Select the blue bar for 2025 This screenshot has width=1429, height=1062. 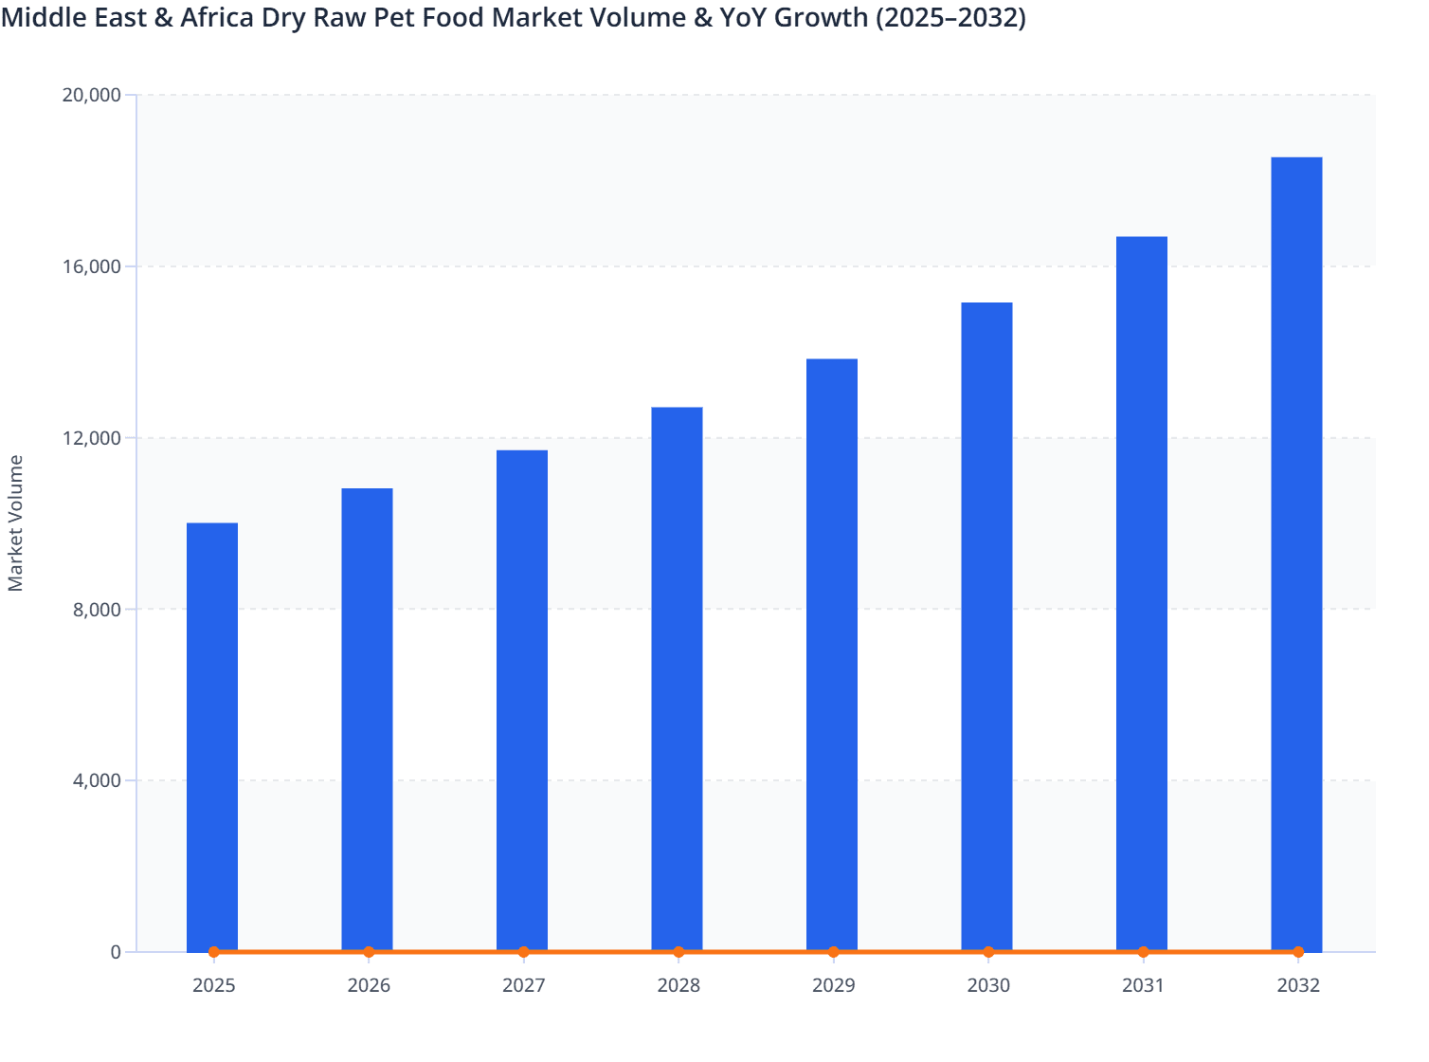point(212,737)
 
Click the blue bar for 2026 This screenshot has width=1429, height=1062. point(367,720)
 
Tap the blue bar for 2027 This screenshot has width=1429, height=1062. point(522,701)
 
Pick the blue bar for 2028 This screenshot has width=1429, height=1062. point(677,679)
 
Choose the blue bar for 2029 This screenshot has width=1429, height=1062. point(832,655)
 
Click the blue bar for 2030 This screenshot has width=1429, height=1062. point(986,627)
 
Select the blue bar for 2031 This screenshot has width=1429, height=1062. point(1142,594)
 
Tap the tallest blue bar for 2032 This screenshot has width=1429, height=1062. point(1296,554)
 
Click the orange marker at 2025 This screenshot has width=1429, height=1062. point(213,952)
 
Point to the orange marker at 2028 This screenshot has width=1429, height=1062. point(678,952)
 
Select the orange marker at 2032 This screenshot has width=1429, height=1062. point(1298,952)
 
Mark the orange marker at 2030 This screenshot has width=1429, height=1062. point(988,952)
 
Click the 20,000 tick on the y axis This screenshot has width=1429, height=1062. point(91,95)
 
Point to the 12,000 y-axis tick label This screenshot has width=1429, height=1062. point(91,438)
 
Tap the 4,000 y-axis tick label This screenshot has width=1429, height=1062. point(97,781)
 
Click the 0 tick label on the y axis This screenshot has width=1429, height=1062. point(116,953)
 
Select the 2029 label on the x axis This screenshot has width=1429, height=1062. point(833,986)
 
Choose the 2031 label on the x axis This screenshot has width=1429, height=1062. point(1143,986)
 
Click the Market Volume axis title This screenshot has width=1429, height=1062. point(16,523)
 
